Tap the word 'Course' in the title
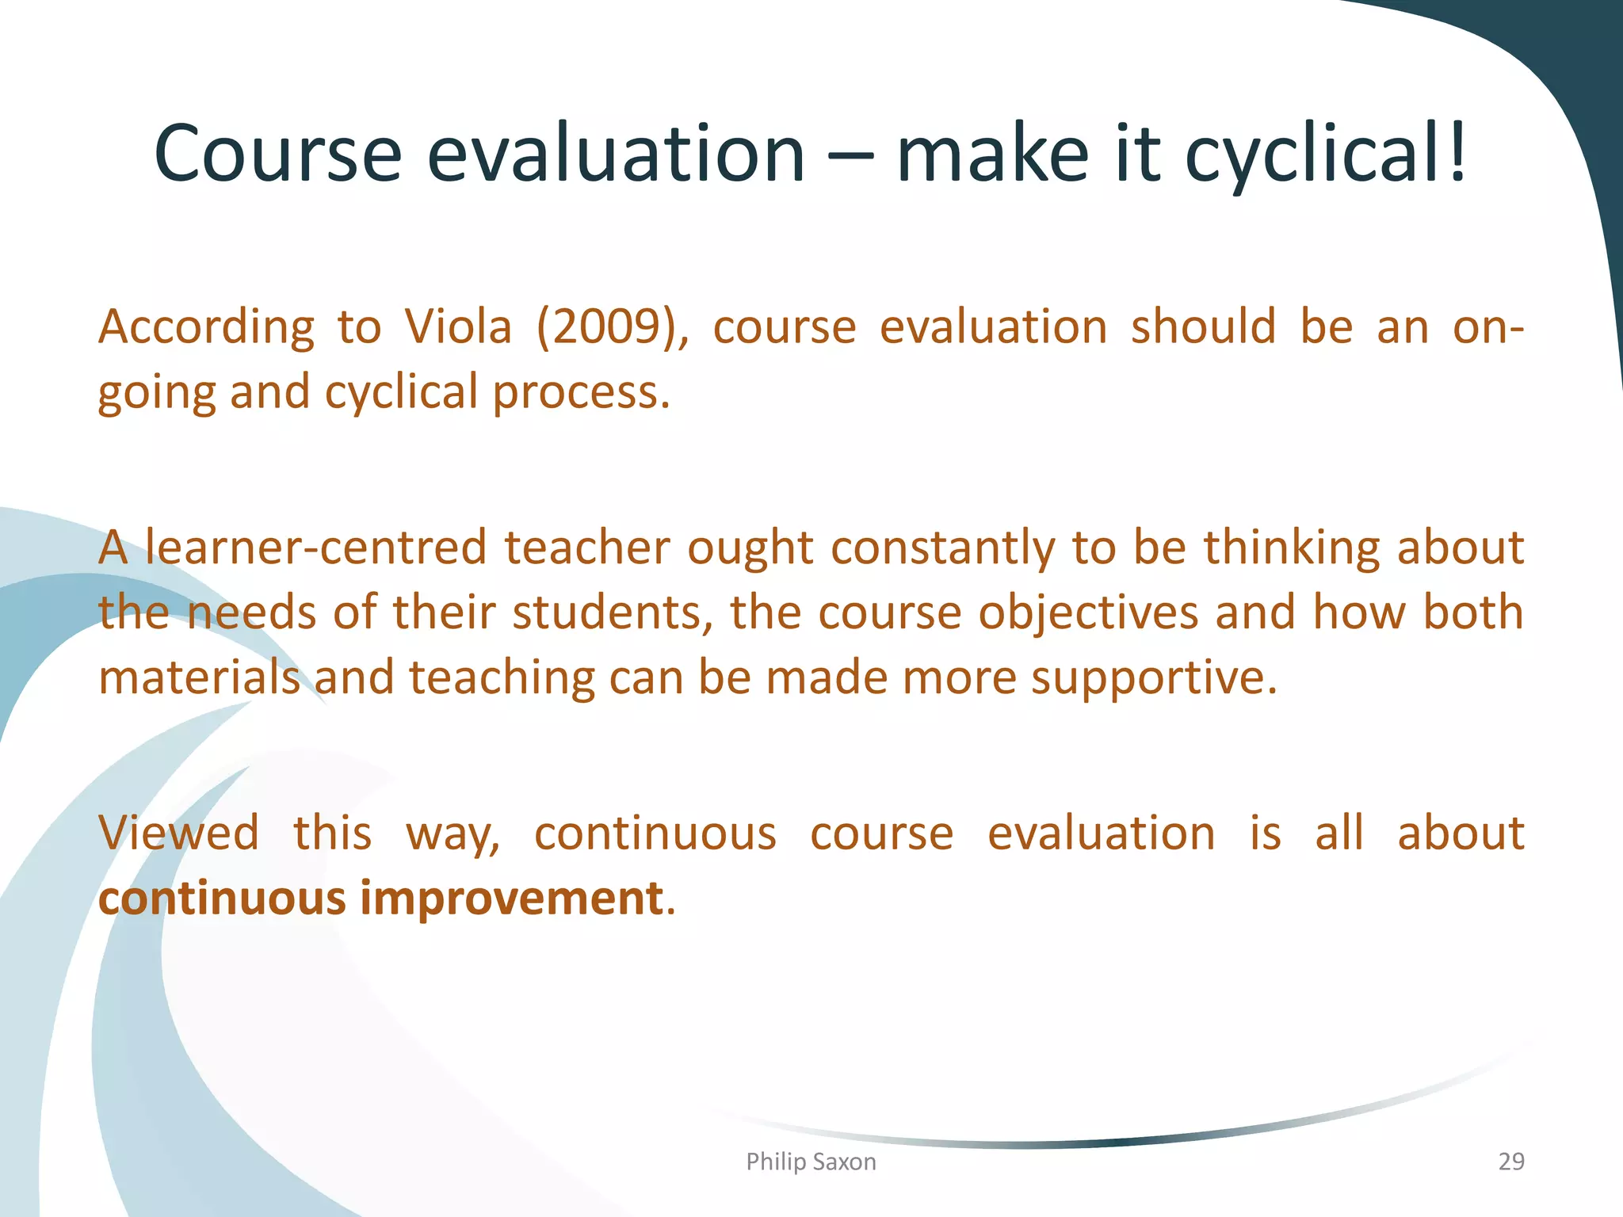click(278, 155)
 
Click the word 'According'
click(206, 327)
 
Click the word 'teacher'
click(587, 548)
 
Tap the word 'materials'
click(199, 679)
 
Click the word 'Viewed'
click(179, 834)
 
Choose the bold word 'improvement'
click(511, 899)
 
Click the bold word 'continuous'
click(223, 899)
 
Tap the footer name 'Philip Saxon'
click(811, 1162)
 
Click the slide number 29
click(1510, 1162)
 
